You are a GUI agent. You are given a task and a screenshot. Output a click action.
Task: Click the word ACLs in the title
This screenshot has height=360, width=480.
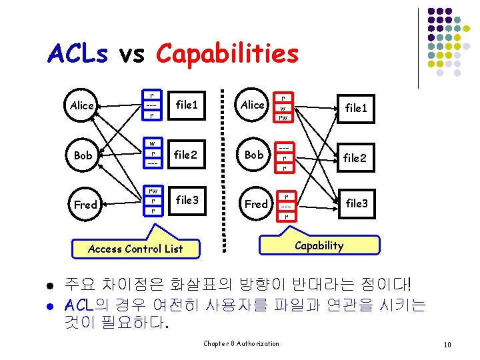click(77, 54)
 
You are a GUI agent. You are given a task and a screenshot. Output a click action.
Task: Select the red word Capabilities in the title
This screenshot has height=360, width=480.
click(227, 54)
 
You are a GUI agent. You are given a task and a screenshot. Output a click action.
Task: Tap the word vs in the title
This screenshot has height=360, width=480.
click(131, 54)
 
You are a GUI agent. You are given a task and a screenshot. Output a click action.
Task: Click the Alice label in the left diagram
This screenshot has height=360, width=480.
click(82, 105)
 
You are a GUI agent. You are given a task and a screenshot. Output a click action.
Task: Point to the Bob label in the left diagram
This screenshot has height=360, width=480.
click(83, 155)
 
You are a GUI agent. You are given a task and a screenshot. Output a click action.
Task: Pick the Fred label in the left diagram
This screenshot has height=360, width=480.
click(85, 205)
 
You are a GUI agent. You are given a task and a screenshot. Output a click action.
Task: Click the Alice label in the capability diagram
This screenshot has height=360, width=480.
click(252, 105)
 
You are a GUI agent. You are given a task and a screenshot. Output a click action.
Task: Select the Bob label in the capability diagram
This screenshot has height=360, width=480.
click(254, 154)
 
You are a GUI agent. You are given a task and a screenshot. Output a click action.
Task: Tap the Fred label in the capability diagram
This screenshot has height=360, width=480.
click(256, 204)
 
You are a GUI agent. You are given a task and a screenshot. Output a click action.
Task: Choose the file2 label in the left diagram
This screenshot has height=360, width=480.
click(186, 154)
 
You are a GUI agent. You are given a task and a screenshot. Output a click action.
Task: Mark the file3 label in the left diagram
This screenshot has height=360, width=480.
click(187, 199)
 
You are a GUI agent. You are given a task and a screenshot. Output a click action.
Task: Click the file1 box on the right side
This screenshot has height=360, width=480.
click(356, 107)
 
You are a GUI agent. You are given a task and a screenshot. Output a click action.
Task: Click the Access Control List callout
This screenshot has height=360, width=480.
click(135, 249)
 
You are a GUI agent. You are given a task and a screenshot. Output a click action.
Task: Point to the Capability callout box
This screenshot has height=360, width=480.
click(319, 245)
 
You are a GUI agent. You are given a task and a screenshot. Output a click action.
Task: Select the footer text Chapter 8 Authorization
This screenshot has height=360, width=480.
click(241, 343)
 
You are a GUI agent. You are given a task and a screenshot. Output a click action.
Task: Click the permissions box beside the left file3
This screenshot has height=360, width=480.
click(153, 200)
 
